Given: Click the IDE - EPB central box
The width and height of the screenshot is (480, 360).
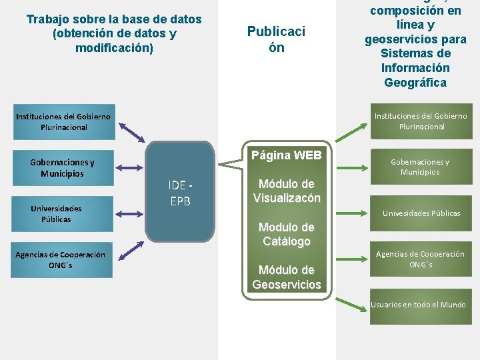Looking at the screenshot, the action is [x=180, y=192].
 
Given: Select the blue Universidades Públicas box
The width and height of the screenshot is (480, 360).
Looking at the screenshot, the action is [x=56, y=213].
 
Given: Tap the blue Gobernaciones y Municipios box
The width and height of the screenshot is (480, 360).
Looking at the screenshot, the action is [x=62, y=167].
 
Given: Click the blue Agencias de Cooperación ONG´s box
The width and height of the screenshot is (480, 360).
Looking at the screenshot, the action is [x=61, y=259].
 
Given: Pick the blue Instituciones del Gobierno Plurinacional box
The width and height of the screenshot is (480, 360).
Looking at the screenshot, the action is [x=63, y=121].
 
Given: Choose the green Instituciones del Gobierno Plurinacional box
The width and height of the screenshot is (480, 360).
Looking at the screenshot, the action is [x=421, y=121].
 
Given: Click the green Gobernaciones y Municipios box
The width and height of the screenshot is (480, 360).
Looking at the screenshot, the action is [x=420, y=167].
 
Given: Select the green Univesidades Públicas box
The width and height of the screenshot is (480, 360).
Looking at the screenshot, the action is [x=421, y=213].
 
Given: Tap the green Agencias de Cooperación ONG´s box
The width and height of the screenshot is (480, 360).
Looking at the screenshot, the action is [x=420, y=259].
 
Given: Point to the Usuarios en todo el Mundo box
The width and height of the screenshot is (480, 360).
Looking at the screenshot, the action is [x=419, y=305].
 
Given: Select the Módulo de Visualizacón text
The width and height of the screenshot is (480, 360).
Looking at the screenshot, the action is [x=287, y=191].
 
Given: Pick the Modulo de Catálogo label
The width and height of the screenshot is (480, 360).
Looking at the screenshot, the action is [x=287, y=234].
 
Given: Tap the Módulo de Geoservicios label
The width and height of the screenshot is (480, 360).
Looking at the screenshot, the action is [x=287, y=277].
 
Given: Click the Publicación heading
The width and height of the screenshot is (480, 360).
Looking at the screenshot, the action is [x=276, y=39].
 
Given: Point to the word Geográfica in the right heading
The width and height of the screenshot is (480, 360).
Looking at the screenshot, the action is [x=416, y=83].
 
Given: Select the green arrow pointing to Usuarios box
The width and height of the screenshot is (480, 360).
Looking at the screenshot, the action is [x=352, y=305].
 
